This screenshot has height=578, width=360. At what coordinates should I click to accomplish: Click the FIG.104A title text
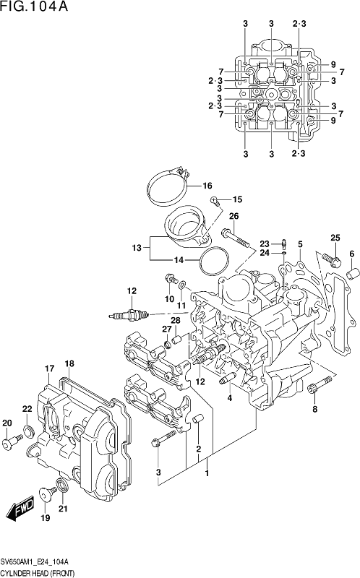(34, 7)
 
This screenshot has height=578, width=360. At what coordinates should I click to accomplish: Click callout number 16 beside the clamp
(207, 186)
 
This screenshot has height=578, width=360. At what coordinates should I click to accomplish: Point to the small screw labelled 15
(215, 201)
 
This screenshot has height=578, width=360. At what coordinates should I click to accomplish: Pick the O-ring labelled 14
(213, 260)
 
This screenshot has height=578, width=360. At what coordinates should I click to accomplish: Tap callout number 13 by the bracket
(137, 248)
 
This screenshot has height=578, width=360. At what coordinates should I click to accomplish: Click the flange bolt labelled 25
(332, 259)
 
